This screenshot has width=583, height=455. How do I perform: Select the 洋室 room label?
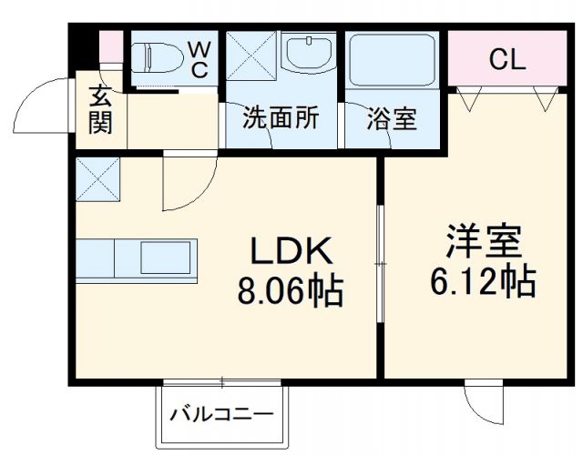pos(482,243)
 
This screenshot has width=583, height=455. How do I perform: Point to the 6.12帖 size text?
pos(482,282)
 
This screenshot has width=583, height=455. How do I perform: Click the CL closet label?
pos(506,60)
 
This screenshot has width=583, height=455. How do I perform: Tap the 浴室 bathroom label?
pos(393,119)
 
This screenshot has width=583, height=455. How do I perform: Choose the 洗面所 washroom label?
pos(280,119)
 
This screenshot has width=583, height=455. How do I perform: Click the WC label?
pos(199,57)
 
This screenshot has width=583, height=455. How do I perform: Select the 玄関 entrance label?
pos(100,109)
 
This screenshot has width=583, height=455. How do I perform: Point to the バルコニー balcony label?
pos(221,416)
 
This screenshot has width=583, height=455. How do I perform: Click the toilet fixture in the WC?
pos(157,57)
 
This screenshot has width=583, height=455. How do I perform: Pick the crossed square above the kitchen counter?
pos(97,177)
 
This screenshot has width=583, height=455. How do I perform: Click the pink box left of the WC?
pos(110,46)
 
